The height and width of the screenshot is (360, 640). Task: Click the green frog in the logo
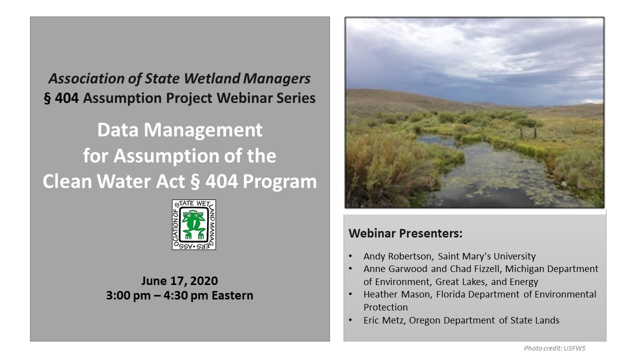click(x=194, y=224)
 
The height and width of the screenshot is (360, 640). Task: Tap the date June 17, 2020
click(x=179, y=281)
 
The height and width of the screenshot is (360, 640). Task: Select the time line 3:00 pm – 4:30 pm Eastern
click(x=179, y=295)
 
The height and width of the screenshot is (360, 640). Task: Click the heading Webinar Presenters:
click(x=405, y=233)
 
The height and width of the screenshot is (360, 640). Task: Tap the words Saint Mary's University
click(x=487, y=256)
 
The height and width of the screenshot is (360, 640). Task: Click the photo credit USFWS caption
click(x=554, y=348)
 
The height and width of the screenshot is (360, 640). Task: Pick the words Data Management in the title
click(x=179, y=130)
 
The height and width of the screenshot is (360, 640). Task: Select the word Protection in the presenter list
click(x=385, y=307)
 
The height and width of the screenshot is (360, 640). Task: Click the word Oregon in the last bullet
click(x=424, y=320)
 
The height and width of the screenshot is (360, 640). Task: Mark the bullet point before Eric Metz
click(x=350, y=320)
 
